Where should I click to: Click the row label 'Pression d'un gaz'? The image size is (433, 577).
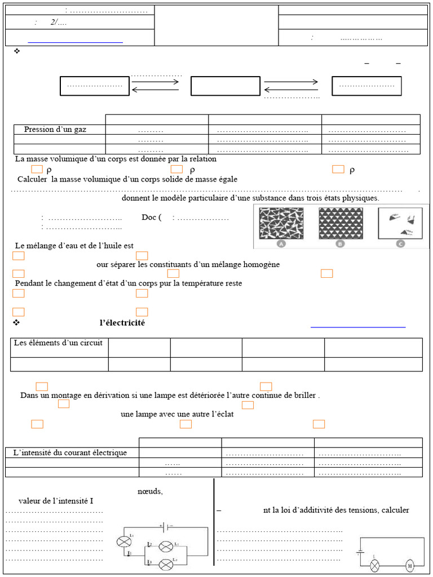click(x=55, y=130)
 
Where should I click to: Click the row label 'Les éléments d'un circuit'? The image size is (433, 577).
click(x=59, y=343)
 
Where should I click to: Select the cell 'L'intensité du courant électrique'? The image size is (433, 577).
click(x=70, y=452)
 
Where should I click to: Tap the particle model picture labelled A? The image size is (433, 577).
click(x=281, y=224)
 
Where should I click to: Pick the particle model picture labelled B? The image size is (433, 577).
click(x=341, y=224)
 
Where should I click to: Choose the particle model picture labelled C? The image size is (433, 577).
click(x=400, y=224)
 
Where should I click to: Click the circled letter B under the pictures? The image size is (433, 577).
click(x=340, y=244)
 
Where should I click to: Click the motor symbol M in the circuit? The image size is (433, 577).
click(x=410, y=565)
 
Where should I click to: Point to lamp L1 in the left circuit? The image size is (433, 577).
click(x=123, y=541)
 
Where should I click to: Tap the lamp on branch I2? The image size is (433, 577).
click(x=166, y=546)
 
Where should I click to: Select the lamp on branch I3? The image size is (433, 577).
click(x=166, y=564)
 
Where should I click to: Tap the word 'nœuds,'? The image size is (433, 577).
click(x=150, y=491)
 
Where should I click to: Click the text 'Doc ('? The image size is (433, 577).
click(x=152, y=218)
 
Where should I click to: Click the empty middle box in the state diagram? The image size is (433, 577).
click(x=225, y=86)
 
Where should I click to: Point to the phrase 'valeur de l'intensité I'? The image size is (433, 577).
click(x=56, y=500)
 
